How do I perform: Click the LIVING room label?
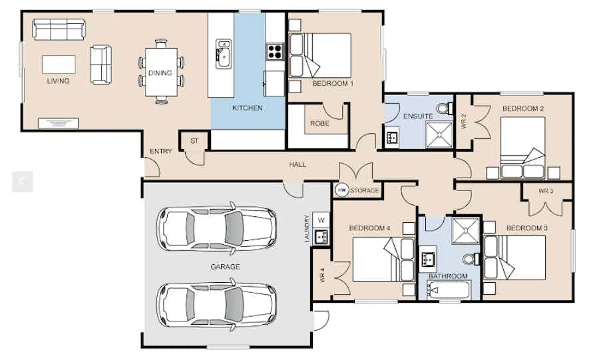(x=58, y=81)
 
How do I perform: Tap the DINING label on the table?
(x=160, y=73)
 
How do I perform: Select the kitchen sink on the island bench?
(x=224, y=54)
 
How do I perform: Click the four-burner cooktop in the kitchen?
(x=275, y=51)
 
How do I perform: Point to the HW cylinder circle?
(x=342, y=190)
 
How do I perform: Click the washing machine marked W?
(x=321, y=220)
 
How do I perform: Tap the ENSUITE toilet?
(x=445, y=108)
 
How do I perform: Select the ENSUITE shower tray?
(x=439, y=135)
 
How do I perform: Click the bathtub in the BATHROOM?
(x=449, y=291)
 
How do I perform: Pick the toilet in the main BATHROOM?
(x=471, y=260)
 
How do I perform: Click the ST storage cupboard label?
(x=194, y=141)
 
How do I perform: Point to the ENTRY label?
(x=161, y=152)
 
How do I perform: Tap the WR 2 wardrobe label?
(x=464, y=121)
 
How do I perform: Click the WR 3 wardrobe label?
(x=546, y=190)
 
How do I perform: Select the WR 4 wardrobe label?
(x=321, y=275)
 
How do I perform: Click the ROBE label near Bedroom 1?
(x=319, y=124)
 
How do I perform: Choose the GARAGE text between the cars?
(x=226, y=267)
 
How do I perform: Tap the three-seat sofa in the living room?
(x=59, y=29)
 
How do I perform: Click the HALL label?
(x=298, y=164)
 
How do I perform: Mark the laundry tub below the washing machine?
(x=321, y=237)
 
